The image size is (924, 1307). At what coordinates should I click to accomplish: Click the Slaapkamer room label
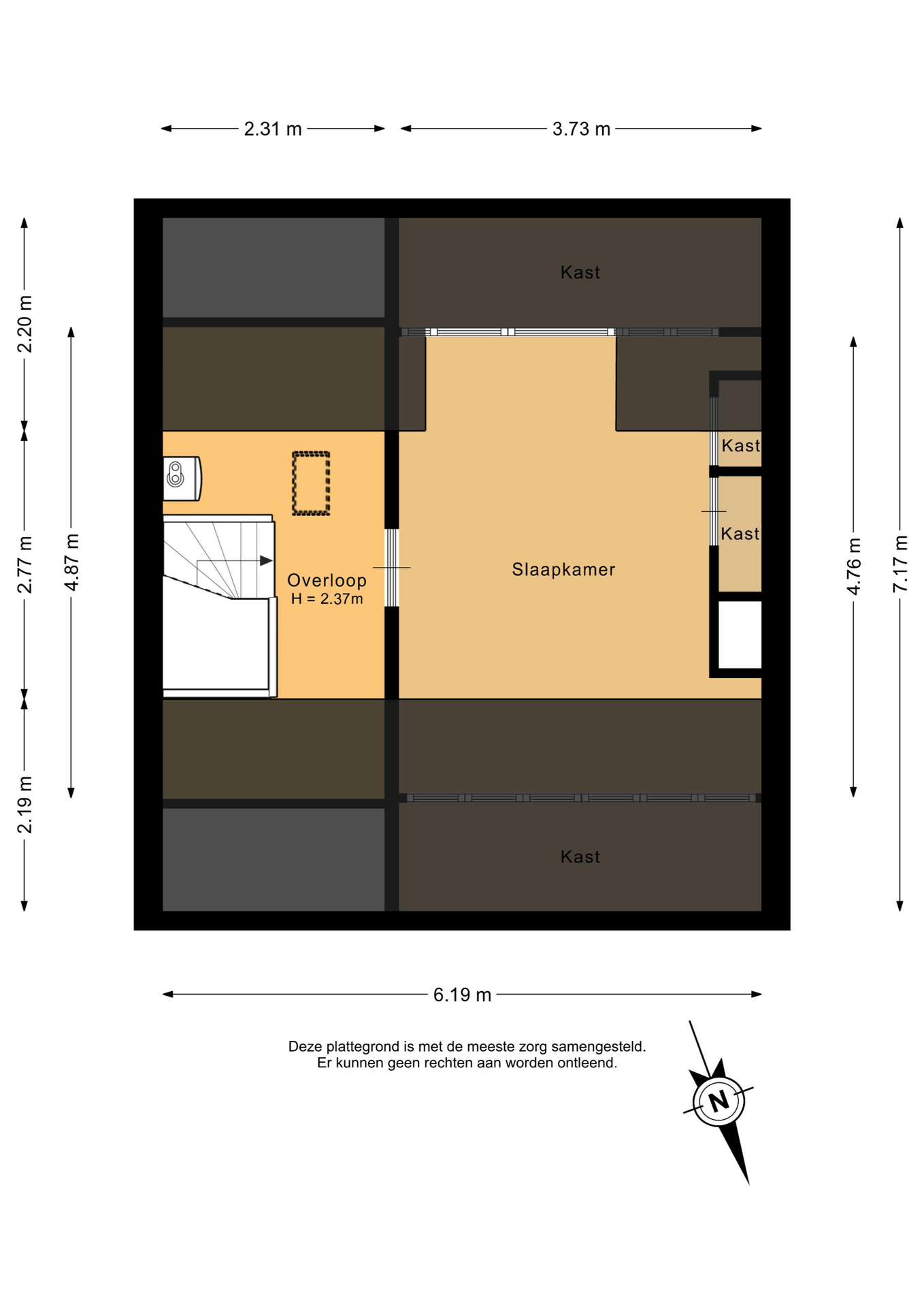click(563, 570)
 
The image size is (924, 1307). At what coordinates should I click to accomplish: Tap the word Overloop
click(327, 581)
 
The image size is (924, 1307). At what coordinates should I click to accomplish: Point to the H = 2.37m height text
click(327, 599)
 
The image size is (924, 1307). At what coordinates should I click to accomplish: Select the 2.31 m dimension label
click(273, 129)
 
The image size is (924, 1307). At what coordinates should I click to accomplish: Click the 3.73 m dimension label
click(581, 129)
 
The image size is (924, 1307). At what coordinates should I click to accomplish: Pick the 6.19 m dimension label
click(462, 995)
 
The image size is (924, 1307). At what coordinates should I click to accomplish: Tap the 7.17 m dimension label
click(900, 564)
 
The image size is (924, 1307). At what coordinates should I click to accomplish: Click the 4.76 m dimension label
click(854, 566)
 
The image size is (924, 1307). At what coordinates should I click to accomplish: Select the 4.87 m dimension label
click(71, 562)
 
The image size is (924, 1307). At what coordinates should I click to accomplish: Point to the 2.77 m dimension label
click(24, 564)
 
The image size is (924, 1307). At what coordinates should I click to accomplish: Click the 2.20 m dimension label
click(24, 324)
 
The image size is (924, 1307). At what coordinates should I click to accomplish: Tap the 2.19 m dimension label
click(24, 805)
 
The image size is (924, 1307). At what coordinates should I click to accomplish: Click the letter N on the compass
click(719, 1101)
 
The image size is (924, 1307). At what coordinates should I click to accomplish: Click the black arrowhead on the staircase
click(266, 561)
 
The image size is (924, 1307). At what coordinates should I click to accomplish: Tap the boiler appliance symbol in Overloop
click(182, 478)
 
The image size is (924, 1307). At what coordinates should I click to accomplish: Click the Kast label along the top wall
click(580, 273)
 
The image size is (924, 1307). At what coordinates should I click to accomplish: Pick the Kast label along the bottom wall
click(580, 857)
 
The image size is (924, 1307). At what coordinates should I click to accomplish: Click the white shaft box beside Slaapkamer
click(740, 634)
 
